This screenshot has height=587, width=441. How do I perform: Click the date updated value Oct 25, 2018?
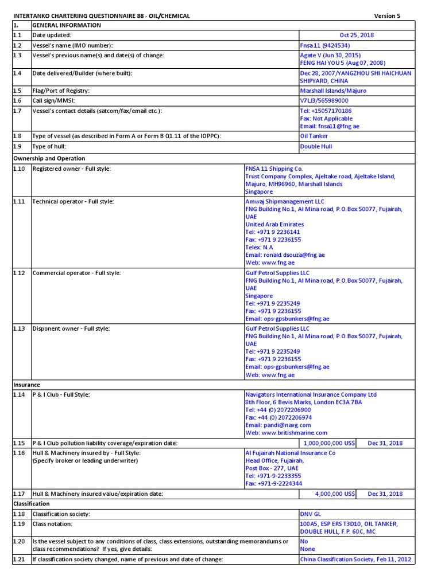pyautogui.click(x=356, y=35)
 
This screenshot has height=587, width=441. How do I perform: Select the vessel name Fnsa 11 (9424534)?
pyautogui.click(x=325, y=45)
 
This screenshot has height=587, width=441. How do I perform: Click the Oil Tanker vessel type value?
pyautogui.click(x=314, y=136)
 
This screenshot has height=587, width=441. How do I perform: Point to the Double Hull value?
pyautogui.click(x=316, y=146)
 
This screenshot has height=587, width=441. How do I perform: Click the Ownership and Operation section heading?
pyautogui.click(x=49, y=158)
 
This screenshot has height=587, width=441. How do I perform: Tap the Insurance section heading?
pyautogui.click(x=26, y=385)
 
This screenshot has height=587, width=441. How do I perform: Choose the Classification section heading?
pyautogui.click(x=31, y=503)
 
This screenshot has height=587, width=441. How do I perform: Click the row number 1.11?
pyautogui.click(x=20, y=202)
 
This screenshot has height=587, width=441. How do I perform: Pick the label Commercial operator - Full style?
pyautogui.click(x=76, y=273)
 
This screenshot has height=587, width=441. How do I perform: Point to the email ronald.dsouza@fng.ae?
pyautogui.click(x=285, y=255)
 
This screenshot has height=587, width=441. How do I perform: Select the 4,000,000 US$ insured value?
pyautogui.click(x=336, y=494)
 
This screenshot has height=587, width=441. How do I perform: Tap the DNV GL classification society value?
pyautogui.click(x=312, y=514)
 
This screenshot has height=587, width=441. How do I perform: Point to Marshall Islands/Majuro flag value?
pyautogui.click(x=333, y=91)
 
